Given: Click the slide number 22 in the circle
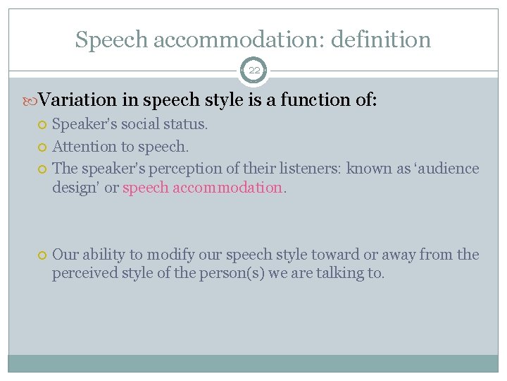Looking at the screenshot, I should click(254, 71).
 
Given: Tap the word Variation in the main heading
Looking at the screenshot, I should click(73, 101).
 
